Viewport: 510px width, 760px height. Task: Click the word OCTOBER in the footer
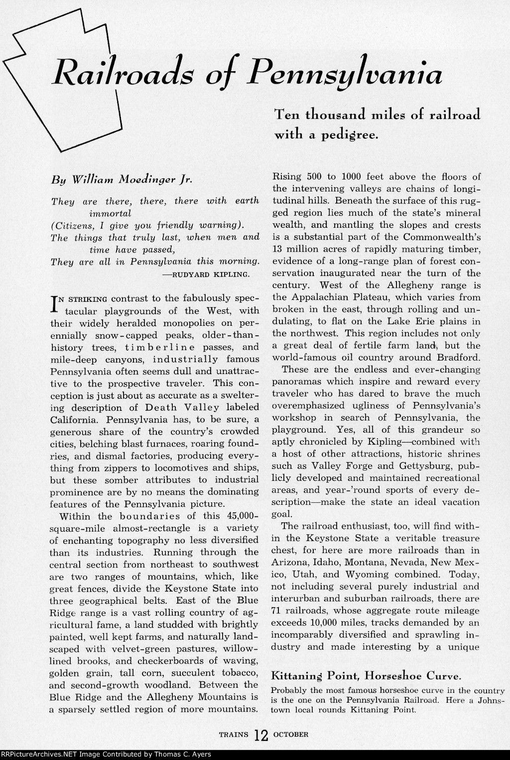tap(291, 734)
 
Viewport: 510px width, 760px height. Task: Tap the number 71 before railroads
tap(277, 610)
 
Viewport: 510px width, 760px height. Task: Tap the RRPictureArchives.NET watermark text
tap(106, 755)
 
